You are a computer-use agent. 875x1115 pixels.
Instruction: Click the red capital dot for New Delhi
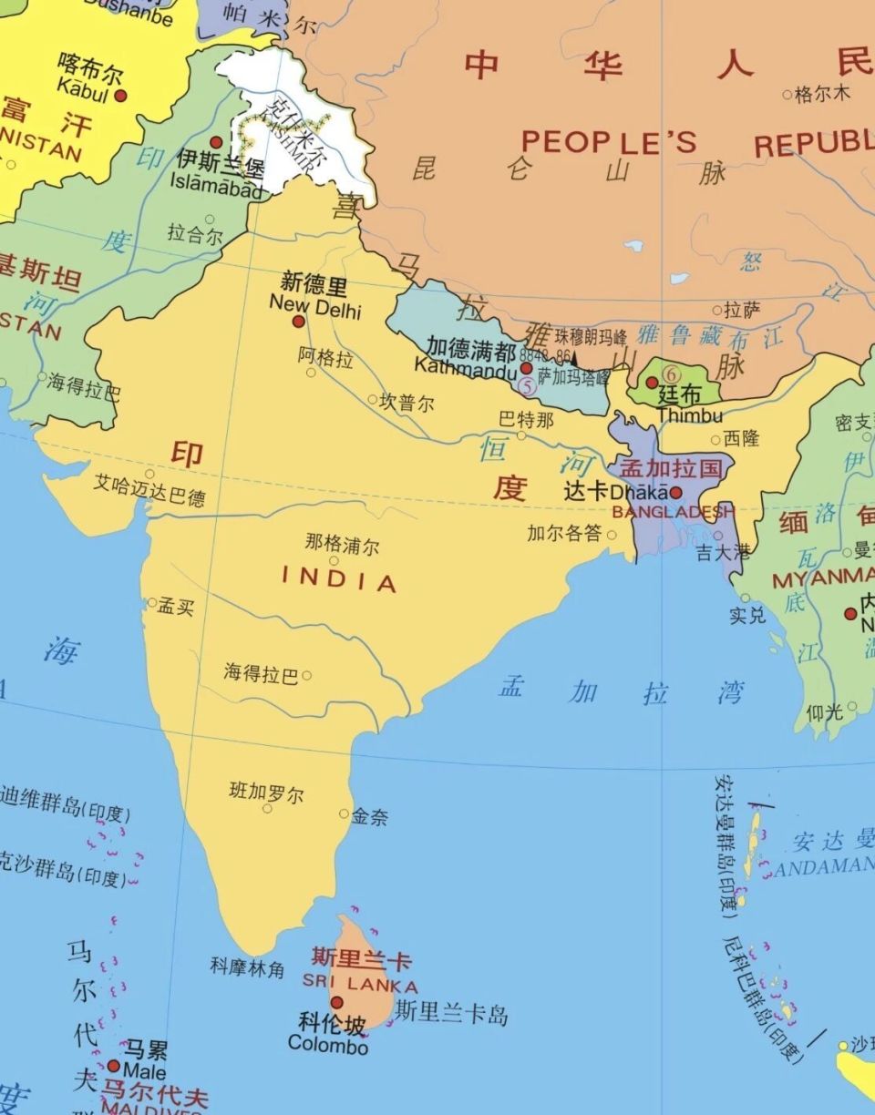point(298,322)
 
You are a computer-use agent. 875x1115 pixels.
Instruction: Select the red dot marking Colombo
point(336,1002)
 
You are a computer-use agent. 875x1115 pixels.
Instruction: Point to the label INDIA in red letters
point(339,579)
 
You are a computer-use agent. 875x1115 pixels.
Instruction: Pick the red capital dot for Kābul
point(119,95)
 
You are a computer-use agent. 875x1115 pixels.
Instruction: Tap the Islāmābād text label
point(216,181)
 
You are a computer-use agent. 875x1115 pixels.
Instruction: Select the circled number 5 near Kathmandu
point(526,385)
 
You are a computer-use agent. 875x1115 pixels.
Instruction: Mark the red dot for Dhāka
point(676,492)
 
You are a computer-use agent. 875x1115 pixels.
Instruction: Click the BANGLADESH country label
point(673,512)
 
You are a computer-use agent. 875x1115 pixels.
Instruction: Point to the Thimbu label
point(689,415)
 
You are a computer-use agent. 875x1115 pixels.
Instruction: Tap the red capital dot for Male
point(114,1066)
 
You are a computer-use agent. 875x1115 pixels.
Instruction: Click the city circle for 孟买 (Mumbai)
point(152,602)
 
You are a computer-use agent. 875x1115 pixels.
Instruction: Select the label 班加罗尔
point(266,792)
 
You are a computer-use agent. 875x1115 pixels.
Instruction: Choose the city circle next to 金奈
point(344,813)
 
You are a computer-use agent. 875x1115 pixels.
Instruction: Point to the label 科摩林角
point(248,967)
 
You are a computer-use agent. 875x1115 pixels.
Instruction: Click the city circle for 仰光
point(852,706)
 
